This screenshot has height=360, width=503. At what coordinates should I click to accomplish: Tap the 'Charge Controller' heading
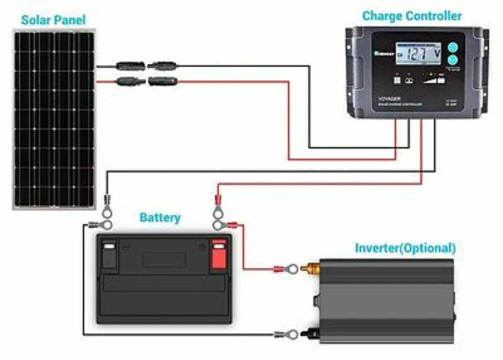[x=412, y=16]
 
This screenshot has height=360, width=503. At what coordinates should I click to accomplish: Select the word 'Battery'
[x=160, y=218]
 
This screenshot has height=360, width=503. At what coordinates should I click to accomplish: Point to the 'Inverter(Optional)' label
[x=405, y=248]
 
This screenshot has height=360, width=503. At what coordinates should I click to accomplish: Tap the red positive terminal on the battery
[x=218, y=254]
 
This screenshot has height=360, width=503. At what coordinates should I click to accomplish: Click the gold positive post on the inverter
[x=311, y=266]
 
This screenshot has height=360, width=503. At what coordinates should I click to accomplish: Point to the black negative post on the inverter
[x=311, y=334]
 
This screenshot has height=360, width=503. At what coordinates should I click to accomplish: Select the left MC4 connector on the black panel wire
[x=131, y=66]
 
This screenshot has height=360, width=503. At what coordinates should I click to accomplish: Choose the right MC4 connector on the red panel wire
[x=163, y=81]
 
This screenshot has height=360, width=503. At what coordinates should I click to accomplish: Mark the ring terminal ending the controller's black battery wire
[x=107, y=209]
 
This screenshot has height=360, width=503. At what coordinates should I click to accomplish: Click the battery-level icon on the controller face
[x=441, y=79]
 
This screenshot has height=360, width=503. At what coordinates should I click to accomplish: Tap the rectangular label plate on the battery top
[x=163, y=260]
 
